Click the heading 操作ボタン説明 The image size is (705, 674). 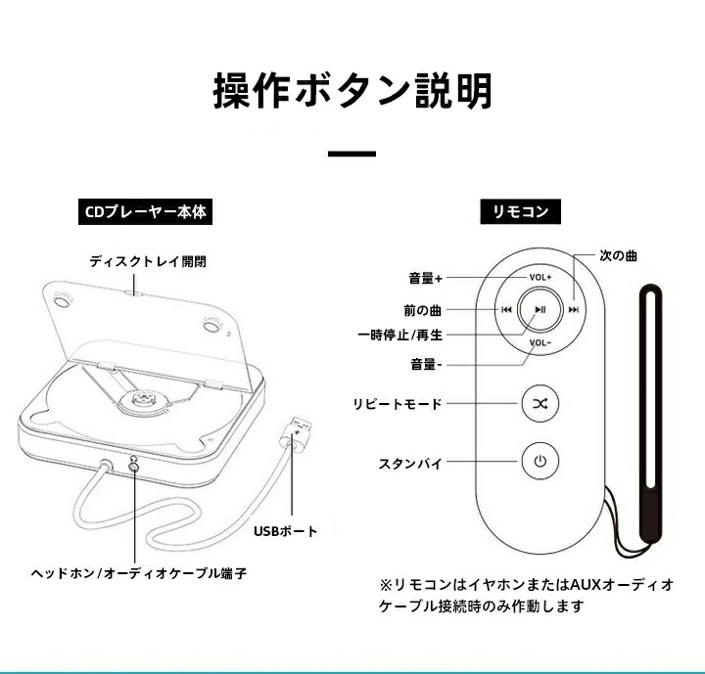352,91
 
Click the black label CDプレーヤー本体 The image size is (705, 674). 143,211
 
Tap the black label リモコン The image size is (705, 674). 514,211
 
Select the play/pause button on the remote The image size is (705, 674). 540,309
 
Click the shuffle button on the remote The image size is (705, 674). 540,403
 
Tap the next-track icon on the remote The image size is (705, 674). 574,309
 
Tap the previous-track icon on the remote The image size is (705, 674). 506,309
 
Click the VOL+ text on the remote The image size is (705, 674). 540,277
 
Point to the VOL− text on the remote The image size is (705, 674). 540,342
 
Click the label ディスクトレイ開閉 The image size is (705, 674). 148,262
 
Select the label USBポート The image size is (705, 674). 286,531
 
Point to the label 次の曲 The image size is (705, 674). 618,255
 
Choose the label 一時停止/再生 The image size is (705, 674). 399,336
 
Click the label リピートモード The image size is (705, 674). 398,404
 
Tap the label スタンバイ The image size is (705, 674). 409,463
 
